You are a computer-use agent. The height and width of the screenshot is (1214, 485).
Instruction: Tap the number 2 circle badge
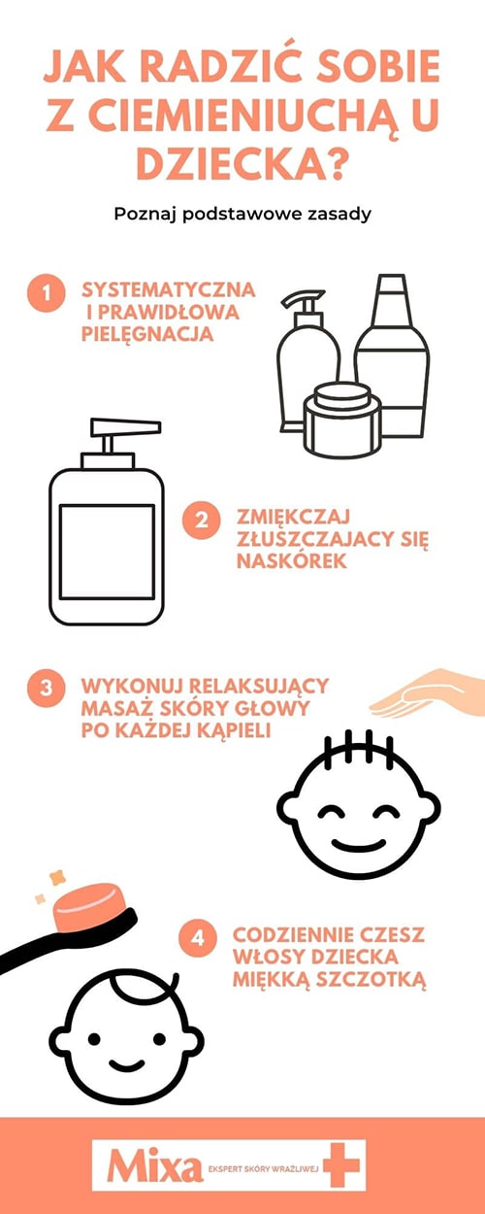tap(200, 519)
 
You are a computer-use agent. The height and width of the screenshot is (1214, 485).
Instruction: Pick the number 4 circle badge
tap(198, 938)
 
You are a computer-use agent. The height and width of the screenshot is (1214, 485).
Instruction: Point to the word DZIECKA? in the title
tap(242, 166)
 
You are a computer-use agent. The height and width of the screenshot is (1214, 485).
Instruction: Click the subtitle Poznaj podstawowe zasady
tap(242, 214)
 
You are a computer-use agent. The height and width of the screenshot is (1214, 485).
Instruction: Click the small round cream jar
tap(338, 420)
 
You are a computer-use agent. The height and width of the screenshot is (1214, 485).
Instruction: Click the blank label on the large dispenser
tap(107, 551)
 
